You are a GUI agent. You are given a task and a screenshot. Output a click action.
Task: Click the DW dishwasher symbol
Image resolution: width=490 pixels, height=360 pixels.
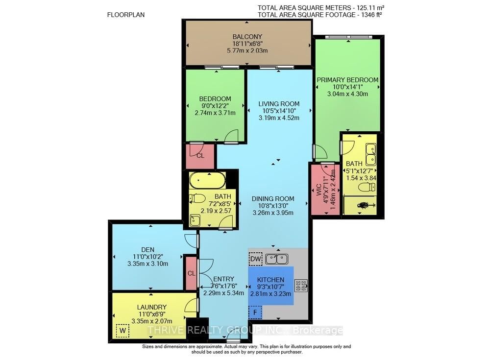pos(255,259)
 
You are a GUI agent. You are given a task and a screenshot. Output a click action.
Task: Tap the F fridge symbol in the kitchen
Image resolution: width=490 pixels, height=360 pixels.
pos(255,312)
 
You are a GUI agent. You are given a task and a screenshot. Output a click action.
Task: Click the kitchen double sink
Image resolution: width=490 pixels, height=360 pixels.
pos(277,258)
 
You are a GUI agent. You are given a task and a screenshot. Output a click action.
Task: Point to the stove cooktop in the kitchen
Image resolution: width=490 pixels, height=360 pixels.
pos(300,286)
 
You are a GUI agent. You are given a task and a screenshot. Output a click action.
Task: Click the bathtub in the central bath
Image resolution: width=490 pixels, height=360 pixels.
pos(208,181)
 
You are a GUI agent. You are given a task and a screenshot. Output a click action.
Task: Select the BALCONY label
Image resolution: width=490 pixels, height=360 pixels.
pos(247,37)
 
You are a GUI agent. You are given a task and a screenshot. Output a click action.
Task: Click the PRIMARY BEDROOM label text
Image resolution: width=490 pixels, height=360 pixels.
pos(347,80)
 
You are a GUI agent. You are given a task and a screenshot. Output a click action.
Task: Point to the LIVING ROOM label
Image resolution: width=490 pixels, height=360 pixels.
pos(279,104)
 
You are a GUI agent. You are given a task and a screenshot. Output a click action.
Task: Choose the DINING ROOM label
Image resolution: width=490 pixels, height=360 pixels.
pos(273,198)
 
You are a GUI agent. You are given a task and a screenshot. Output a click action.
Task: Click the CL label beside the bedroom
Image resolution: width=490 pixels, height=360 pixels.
pos(200,156)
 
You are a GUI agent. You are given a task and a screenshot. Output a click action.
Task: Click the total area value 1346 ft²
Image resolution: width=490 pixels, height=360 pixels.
pos(370,14)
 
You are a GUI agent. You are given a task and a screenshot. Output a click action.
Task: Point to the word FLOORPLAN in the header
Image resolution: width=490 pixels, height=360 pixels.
pos(126,15)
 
